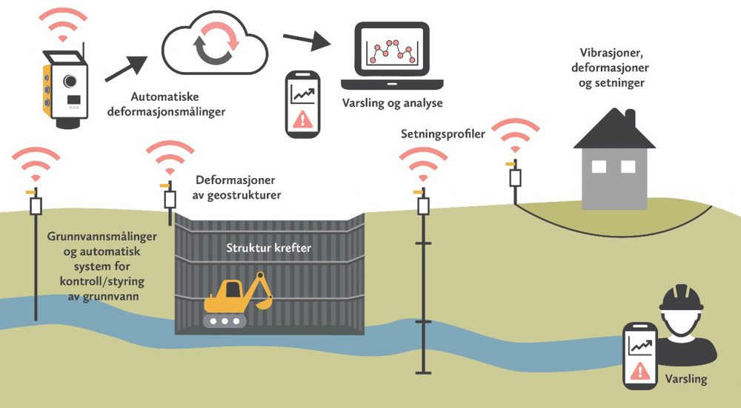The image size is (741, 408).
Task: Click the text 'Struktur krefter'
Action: point(268,248)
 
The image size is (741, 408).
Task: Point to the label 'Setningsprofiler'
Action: point(443,134)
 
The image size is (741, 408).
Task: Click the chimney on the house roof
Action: point(630,117)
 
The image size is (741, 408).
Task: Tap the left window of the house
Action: point(599,167)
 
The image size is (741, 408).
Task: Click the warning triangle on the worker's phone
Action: point(640,370)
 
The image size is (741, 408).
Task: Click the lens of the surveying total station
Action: point(70,81)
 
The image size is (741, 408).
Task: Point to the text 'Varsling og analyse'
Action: point(392,103)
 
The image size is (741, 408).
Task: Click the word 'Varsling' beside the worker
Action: point(685,378)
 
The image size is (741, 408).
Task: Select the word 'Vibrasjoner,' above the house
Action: point(610,53)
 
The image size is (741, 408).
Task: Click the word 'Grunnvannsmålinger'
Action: point(102,237)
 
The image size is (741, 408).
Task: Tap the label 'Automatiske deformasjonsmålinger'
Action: point(165,104)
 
